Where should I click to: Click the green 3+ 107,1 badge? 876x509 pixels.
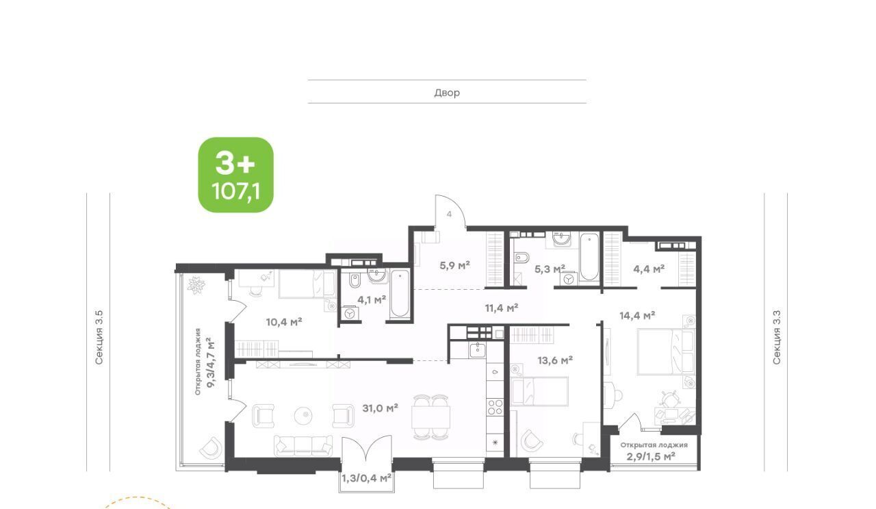pyautogui.click(x=236, y=175)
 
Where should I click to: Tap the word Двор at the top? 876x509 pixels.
pyautogui.click(x=447, y=92)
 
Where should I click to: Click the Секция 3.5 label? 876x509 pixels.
pyautogui.click(x=99, y=338)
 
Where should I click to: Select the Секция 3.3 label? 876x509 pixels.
pyautogui.click(x=776, y=337)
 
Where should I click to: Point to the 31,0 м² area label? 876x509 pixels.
pyautogui.click(x=380, y=408)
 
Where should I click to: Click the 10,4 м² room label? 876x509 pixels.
pyautogui.click(x=284, y=322)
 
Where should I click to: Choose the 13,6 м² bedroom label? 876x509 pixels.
pyautogui.click(x=555, y=360)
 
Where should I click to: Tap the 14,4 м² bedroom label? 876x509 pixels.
pyautogui.click(x=637, y=315)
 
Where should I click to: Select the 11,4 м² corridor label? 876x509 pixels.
pyautogui.click(x=502, y=308)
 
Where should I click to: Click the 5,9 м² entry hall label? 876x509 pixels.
pyautogui.click(x=454, y=266)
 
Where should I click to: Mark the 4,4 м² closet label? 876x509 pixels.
pyautogui.click(x=649, y=269)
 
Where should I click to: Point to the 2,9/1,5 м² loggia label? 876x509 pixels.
pyautogui.click(x=651, y=456)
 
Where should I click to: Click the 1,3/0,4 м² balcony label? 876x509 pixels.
pyautogui.click(x=366, y=478)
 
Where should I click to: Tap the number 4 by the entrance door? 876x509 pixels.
pyautogui.click(x=450, y=214)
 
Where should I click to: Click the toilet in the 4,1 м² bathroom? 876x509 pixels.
pyautogui.click(x=355, y=280)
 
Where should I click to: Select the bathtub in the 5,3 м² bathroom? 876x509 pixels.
pyautogui.click(x=589, y=257)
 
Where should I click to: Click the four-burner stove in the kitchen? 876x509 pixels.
pyautogui.click(x=495, y=407)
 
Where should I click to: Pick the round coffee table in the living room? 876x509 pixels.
pyautogui.click(x=303, y=415)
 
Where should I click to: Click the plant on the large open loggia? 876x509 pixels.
pyautogui.click(x=196, y=285)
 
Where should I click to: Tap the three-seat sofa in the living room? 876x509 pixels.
pyautogui.click(x=303, y=446)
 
